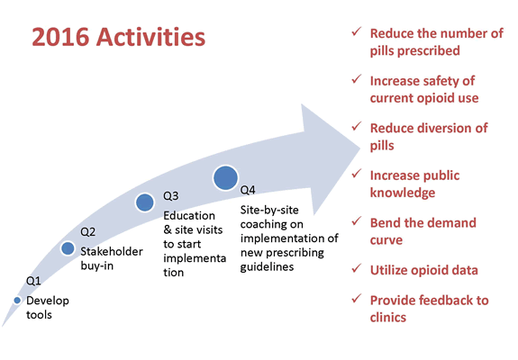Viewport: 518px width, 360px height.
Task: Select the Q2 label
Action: (88, 230)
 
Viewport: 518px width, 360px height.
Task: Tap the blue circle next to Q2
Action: (68, 247)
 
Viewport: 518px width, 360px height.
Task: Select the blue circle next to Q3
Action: (144, 202)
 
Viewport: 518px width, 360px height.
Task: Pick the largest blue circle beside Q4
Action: (225, 177)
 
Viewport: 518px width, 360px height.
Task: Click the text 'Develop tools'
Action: (47, 307)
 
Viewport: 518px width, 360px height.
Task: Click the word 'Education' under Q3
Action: (189, 216)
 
